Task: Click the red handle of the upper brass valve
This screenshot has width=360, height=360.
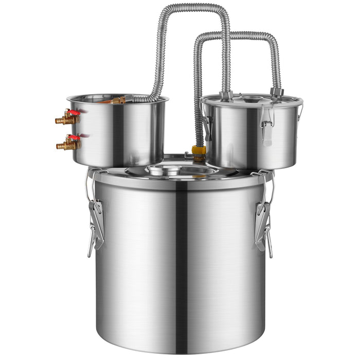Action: (x=74, y=112)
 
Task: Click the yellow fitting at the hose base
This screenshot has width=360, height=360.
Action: (x=199, y=151)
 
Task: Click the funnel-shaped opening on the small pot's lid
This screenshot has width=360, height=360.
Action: (x=254, y=99)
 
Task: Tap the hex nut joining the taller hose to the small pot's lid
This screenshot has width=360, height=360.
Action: (x=227, y=95)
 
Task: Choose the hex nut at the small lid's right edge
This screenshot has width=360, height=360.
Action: (x=278, y=93)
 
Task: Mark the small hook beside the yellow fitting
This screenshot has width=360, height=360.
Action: (x=188, y=154)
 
